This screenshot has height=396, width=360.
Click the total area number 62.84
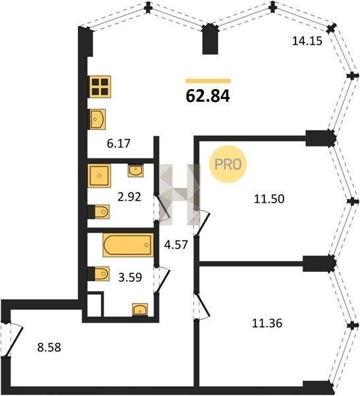click(x=208, y=96)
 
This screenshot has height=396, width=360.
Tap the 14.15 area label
click(x=307, y=41)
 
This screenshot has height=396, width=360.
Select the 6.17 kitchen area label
click(x=119, y=144)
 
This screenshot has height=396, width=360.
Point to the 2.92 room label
click(x=129, y=197)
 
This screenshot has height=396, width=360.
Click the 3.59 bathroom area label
click(x=130, y=277)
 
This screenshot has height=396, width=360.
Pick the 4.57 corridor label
click(x=176, y=244)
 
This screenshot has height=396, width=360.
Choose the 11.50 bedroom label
click(x=269, y=199)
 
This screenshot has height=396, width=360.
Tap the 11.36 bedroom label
click(x=267, y=323)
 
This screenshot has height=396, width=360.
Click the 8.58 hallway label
click(x=49, y=348)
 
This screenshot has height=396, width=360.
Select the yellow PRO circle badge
click(x=228, y=164)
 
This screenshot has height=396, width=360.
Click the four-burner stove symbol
click(x=100, y=86)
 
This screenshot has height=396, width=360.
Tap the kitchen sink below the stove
click(x=98, y=119)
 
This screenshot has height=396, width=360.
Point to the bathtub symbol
click(x=128, y=245)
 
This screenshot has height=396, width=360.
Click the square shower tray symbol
click(x=99, y=176)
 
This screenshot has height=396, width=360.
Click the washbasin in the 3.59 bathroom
click(x=140, y=310)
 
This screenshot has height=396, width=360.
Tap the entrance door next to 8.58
click(x=11, y=339)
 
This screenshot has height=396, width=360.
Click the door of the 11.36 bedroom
click(x=202, y=306)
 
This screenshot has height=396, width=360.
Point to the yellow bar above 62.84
click(x=208, y=81)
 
